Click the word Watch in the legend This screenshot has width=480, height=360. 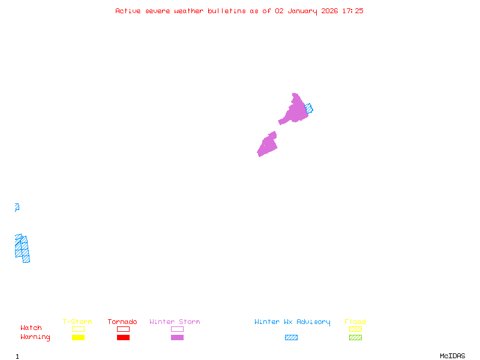pos(31,328)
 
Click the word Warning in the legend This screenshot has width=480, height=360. pos(35,337)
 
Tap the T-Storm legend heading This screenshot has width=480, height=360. pos(77,322)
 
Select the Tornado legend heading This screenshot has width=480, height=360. pos(122,322)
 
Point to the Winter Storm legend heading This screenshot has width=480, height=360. pos(175,322)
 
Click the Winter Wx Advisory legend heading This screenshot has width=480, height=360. pos(292,322)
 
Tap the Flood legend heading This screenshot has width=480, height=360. pos(355,322)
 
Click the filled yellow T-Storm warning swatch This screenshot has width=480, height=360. pos(78,338)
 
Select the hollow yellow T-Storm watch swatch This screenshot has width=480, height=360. pos(78,329)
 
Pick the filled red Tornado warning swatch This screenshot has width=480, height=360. pos(123,338)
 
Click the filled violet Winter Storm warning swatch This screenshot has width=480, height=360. pos(177,338)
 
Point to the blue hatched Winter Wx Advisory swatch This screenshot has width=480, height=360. pos(291,338)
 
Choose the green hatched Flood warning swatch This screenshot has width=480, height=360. pos(355,338)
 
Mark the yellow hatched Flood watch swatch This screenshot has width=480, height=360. pos(355,329)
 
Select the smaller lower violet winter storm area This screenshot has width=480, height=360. pos(268,145)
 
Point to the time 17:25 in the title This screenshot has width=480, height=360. pos(352,11)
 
